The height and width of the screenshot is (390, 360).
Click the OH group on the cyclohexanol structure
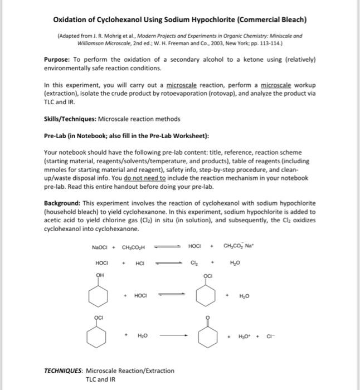[x=101, y=274]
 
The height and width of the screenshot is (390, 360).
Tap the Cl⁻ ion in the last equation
[x=269, y=336]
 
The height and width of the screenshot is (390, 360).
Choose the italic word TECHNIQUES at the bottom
[x=63, y=370]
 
